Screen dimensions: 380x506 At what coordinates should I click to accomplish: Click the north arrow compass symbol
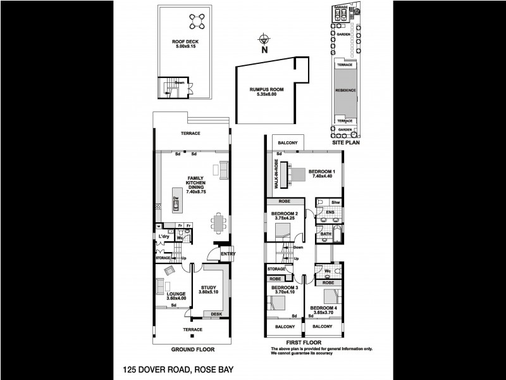[x=264, y=40]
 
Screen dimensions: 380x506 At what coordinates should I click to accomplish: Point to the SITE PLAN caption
[x=345, y=144]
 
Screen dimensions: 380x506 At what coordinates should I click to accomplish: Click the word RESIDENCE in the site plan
[x=345, y=90]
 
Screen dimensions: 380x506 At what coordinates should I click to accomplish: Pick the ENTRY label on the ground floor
[x=228, y=255]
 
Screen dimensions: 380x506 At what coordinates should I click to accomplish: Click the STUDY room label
[x=207, y=289]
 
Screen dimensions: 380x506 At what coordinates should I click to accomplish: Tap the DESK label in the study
[x=216, y=314]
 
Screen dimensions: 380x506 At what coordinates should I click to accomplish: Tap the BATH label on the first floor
[x=326, y=234]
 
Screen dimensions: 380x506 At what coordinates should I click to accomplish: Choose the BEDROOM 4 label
[x=323, y=310]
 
